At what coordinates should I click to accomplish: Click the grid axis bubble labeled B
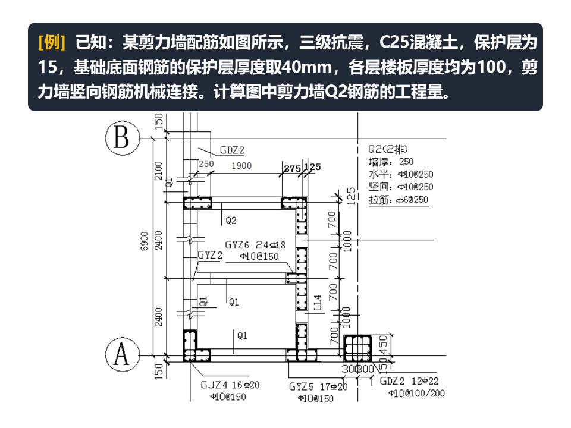122,139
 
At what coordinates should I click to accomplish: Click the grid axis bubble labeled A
122,355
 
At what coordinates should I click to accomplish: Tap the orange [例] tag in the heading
51,43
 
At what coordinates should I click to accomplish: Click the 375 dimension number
292,168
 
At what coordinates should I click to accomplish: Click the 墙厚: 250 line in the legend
391,161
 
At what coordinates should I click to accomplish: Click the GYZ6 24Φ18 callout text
256,244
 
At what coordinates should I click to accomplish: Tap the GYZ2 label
210,255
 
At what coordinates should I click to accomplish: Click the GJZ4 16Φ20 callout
230,385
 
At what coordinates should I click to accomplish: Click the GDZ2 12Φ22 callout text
413,381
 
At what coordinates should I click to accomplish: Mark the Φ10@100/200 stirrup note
416,393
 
